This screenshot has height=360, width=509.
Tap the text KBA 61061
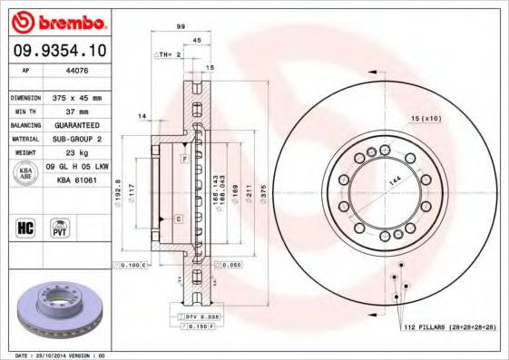coord(77,181)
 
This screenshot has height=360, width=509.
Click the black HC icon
coord(26,227)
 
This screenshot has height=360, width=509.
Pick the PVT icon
coord(62,227)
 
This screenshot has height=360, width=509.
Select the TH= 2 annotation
coord(171,54)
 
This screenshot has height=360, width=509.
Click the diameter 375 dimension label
coord(264,192)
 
